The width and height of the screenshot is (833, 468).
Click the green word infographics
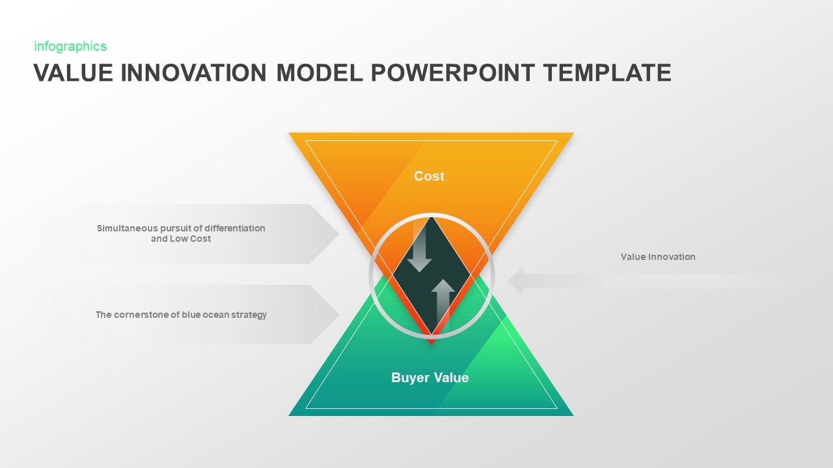(70, 46)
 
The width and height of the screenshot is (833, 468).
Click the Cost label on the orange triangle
(429, 176)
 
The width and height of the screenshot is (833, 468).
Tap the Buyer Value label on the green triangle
(430, 378)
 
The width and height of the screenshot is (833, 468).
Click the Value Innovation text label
(658, 257)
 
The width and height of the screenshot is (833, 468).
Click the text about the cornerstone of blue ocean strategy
(181, 315)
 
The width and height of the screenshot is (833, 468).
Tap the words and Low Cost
(181, 239)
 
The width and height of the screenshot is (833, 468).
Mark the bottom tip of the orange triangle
(431, 342)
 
